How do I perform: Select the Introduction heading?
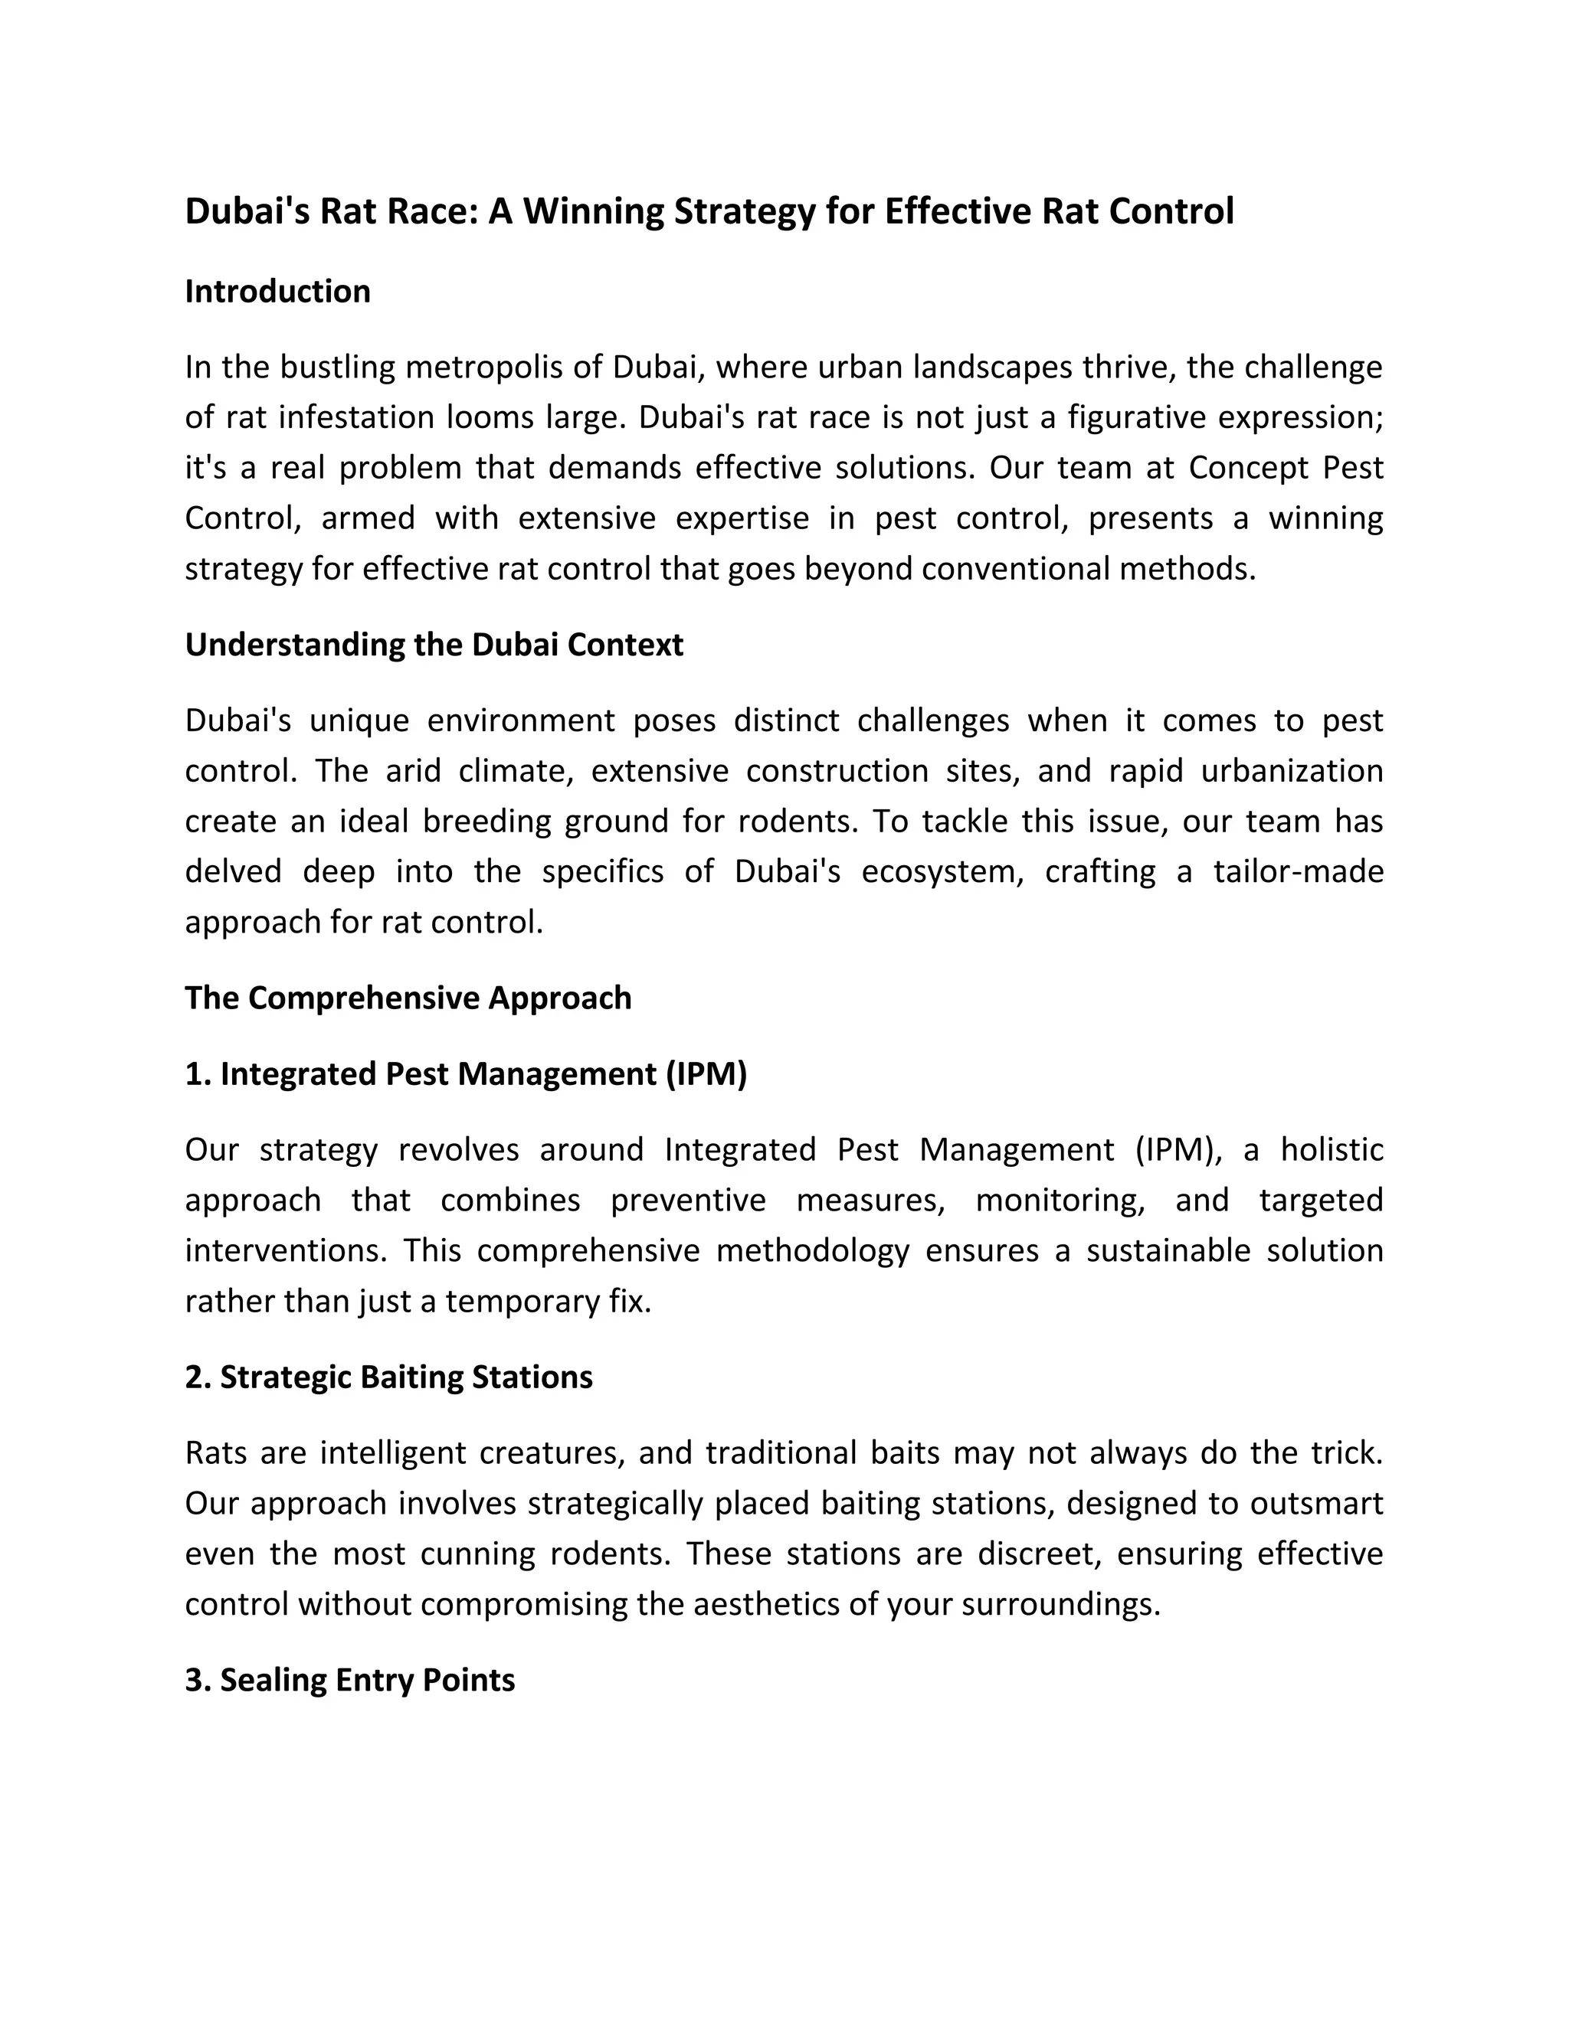(x=277, y=292)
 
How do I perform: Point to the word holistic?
(x=1331, y=1150)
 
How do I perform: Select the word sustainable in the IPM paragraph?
(x=1168, y=1250)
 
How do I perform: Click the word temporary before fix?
(x=522, y=1301)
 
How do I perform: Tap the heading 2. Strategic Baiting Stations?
(x=388, y=1377)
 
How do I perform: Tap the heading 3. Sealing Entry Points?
(x=349, y=1680)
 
